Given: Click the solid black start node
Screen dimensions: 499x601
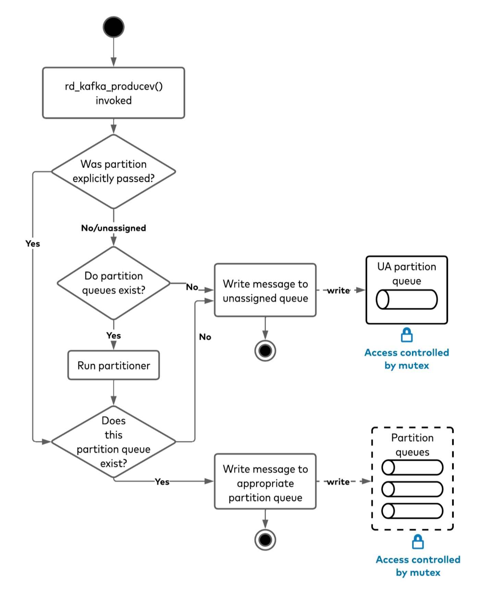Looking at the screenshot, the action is [113, 27].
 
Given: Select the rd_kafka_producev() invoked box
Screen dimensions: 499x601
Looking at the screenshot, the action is [113, 93].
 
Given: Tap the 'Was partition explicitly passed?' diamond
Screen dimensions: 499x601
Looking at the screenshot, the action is [113, 171].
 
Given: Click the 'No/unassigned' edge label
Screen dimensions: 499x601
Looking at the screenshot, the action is [113, 228].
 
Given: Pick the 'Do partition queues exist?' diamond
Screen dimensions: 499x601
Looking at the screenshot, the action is [113, 283].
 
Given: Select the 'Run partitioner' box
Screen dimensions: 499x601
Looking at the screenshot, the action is [113, 365].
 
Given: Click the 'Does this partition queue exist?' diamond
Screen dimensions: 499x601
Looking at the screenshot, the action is [113, 442].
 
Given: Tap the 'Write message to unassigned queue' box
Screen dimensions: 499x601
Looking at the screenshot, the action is [265, 290].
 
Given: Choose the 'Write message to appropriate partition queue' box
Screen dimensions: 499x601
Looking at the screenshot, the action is [265, 482].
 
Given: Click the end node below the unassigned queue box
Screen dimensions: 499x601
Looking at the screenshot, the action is [265, 351].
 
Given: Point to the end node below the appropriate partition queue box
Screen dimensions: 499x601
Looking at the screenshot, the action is [265, 540].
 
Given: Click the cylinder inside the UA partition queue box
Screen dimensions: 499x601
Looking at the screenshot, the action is [407, 299].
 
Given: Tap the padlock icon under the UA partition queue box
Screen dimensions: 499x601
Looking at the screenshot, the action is [407, 335].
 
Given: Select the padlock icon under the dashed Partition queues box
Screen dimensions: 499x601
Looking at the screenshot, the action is [418, 542].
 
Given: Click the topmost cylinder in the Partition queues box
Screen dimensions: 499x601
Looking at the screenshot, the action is [412, 468].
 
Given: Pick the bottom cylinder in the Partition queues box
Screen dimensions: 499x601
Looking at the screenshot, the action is [412, 511].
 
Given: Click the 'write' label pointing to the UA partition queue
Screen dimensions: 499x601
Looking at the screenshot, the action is [339, 291].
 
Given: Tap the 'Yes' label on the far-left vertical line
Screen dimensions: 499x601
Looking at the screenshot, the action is [33, 244].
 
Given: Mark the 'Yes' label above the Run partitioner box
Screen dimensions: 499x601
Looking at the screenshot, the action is [113, 336].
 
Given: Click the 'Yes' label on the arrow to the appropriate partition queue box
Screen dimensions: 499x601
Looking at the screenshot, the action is [162, 482].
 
